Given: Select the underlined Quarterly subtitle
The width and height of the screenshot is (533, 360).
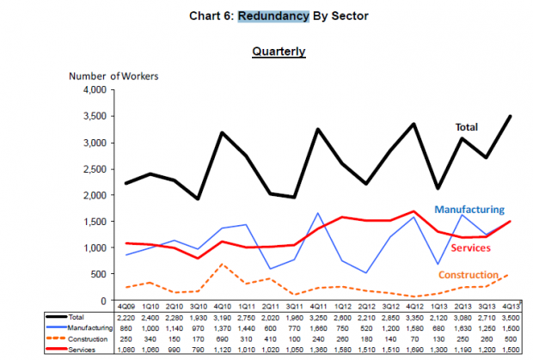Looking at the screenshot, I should (x=279, y=52).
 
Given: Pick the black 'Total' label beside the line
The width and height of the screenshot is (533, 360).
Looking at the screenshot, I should (x=466, y=127).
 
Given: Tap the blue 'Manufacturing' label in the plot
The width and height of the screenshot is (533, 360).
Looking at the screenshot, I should (x=469, y=209).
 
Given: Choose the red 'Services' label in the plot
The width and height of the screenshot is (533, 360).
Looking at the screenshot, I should (x=469, y=247).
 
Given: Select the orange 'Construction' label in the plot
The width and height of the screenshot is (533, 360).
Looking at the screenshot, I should (x=469, y=274).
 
